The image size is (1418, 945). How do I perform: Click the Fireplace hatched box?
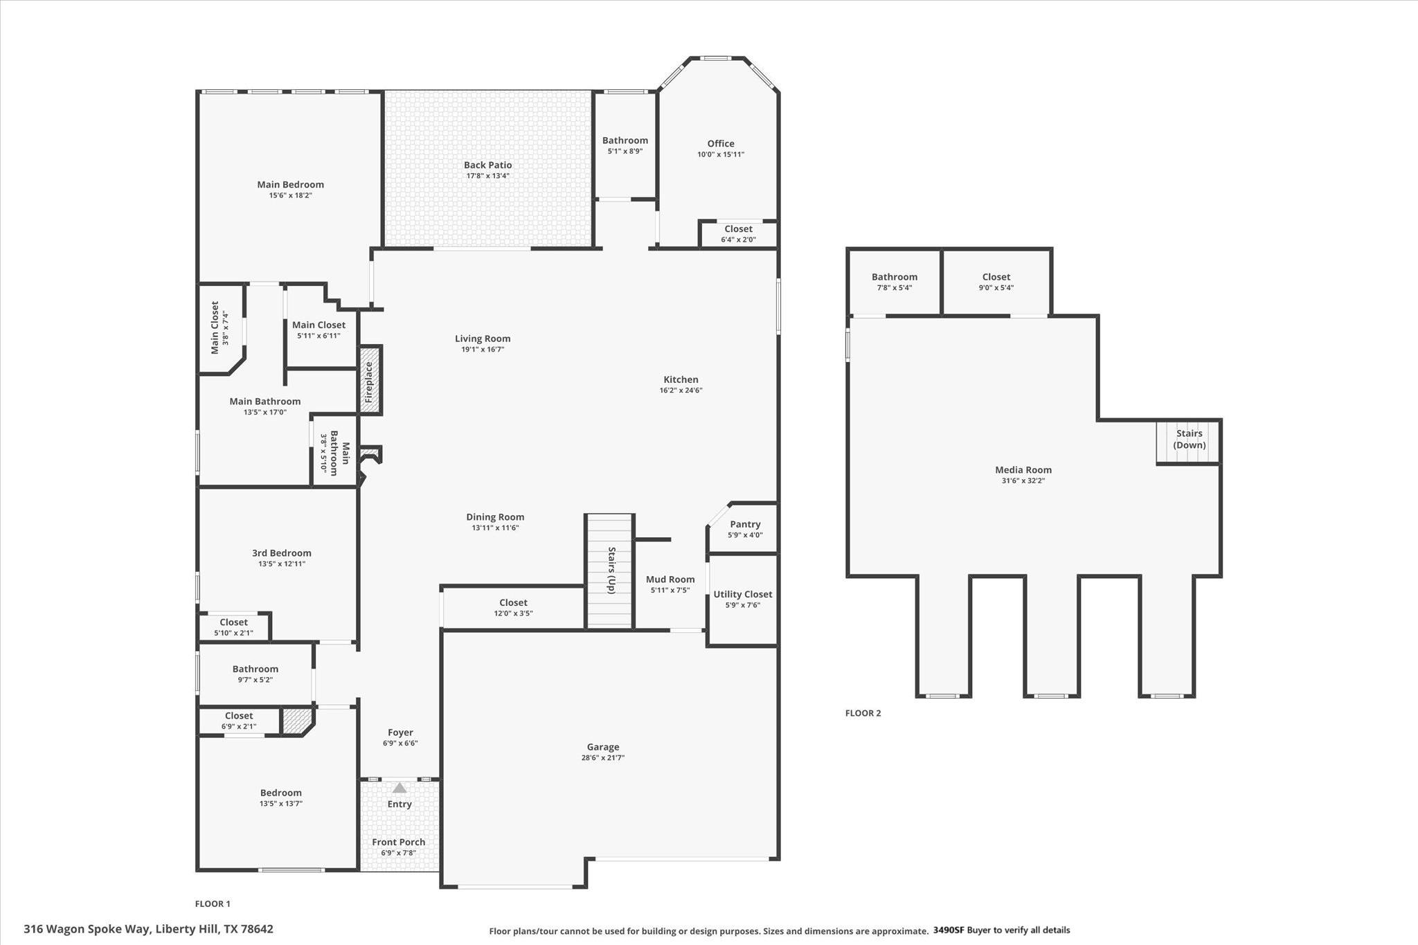click(x=369, y=381)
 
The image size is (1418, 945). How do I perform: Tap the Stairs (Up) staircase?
click(x=609, y=570)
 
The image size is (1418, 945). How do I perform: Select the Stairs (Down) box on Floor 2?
click(x=1188, y=440)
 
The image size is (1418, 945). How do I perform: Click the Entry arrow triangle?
click(x=400, y=788)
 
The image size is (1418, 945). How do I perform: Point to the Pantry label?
click(x=744, y=524)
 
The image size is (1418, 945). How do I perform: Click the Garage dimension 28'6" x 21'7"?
click(x=602, y=757)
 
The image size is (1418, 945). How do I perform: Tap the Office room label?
click(x=720, y=144)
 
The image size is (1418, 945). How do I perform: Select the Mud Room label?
click(x=670, y=579)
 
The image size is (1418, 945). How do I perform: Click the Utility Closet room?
click(x=742, y=599)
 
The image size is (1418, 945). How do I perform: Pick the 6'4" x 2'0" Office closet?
click(x=738, y=234)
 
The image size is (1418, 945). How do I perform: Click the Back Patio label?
click(x=487, y=165)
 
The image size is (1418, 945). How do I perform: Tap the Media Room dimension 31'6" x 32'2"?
click(x=1023, y=480)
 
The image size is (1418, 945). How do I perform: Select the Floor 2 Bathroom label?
click(x=894, y=277)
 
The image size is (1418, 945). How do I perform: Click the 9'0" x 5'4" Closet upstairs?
click(x=996, y=282)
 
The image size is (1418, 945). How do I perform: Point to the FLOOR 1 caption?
click(x=213, y=903)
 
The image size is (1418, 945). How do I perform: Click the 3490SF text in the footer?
click(x=948, y=930)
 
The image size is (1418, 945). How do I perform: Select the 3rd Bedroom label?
click(x=281, y=552)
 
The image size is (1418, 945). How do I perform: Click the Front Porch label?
click(x=398, y=842)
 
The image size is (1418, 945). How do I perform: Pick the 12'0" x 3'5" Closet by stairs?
click(x=512, y=607)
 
